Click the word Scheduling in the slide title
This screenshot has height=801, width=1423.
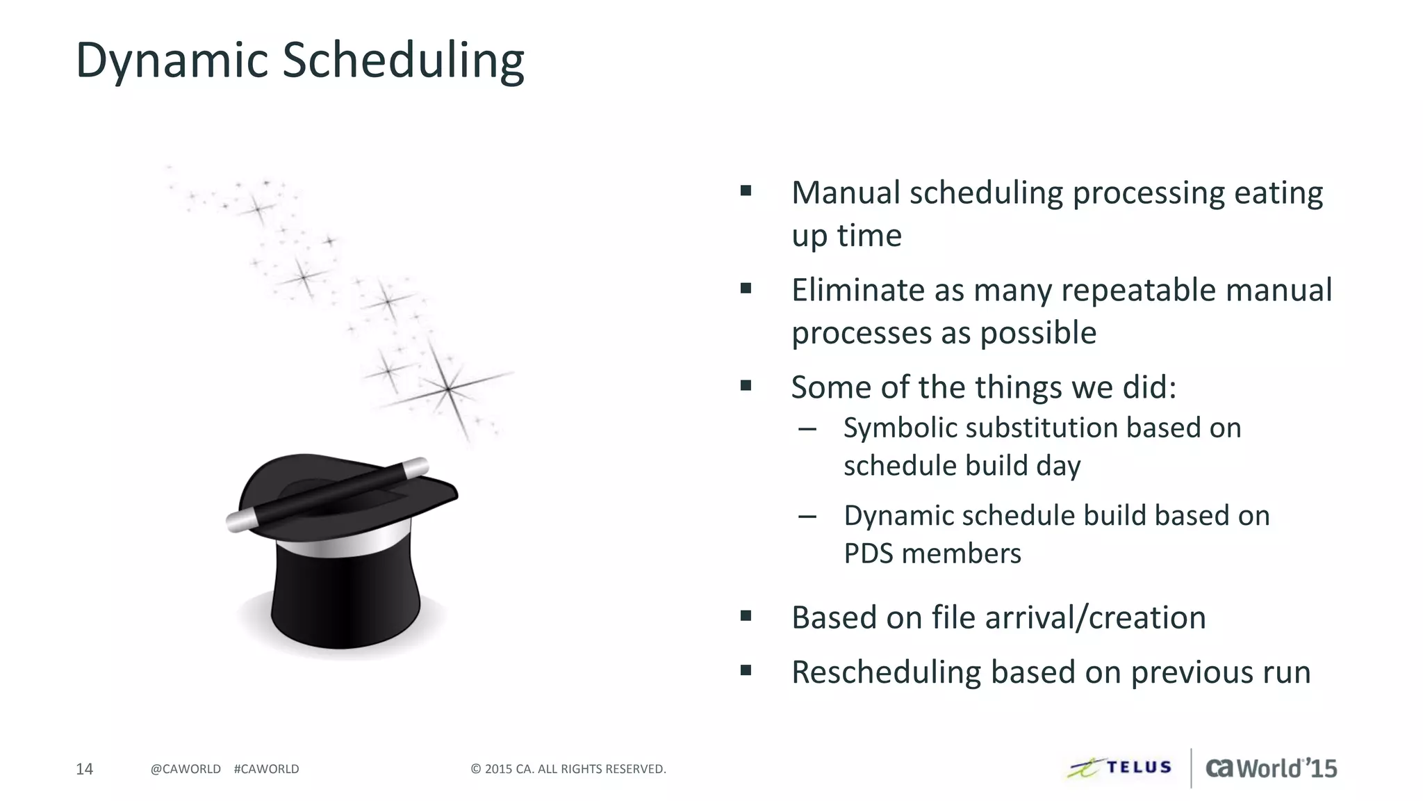(x=403, y=61)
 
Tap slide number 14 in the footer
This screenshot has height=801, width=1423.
(x=84, y=769)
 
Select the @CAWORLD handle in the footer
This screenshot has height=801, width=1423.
(x=186, y=769)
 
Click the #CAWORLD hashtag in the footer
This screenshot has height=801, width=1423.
(x=267, y=769)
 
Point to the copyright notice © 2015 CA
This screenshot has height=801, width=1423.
(x=568, y=769)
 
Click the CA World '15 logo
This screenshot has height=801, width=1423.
(x=1271, y=768)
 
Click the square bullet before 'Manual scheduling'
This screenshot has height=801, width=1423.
(x=746, y=191)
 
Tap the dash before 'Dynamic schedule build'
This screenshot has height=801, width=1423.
(x=807, y=517)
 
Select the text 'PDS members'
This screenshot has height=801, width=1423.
(x=932, y=554)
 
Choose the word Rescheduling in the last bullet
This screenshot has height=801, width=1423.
(x=886, y=672)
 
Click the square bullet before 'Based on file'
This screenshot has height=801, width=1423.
(x=746, y=615)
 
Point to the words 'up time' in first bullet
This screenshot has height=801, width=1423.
(x=846, y=236)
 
